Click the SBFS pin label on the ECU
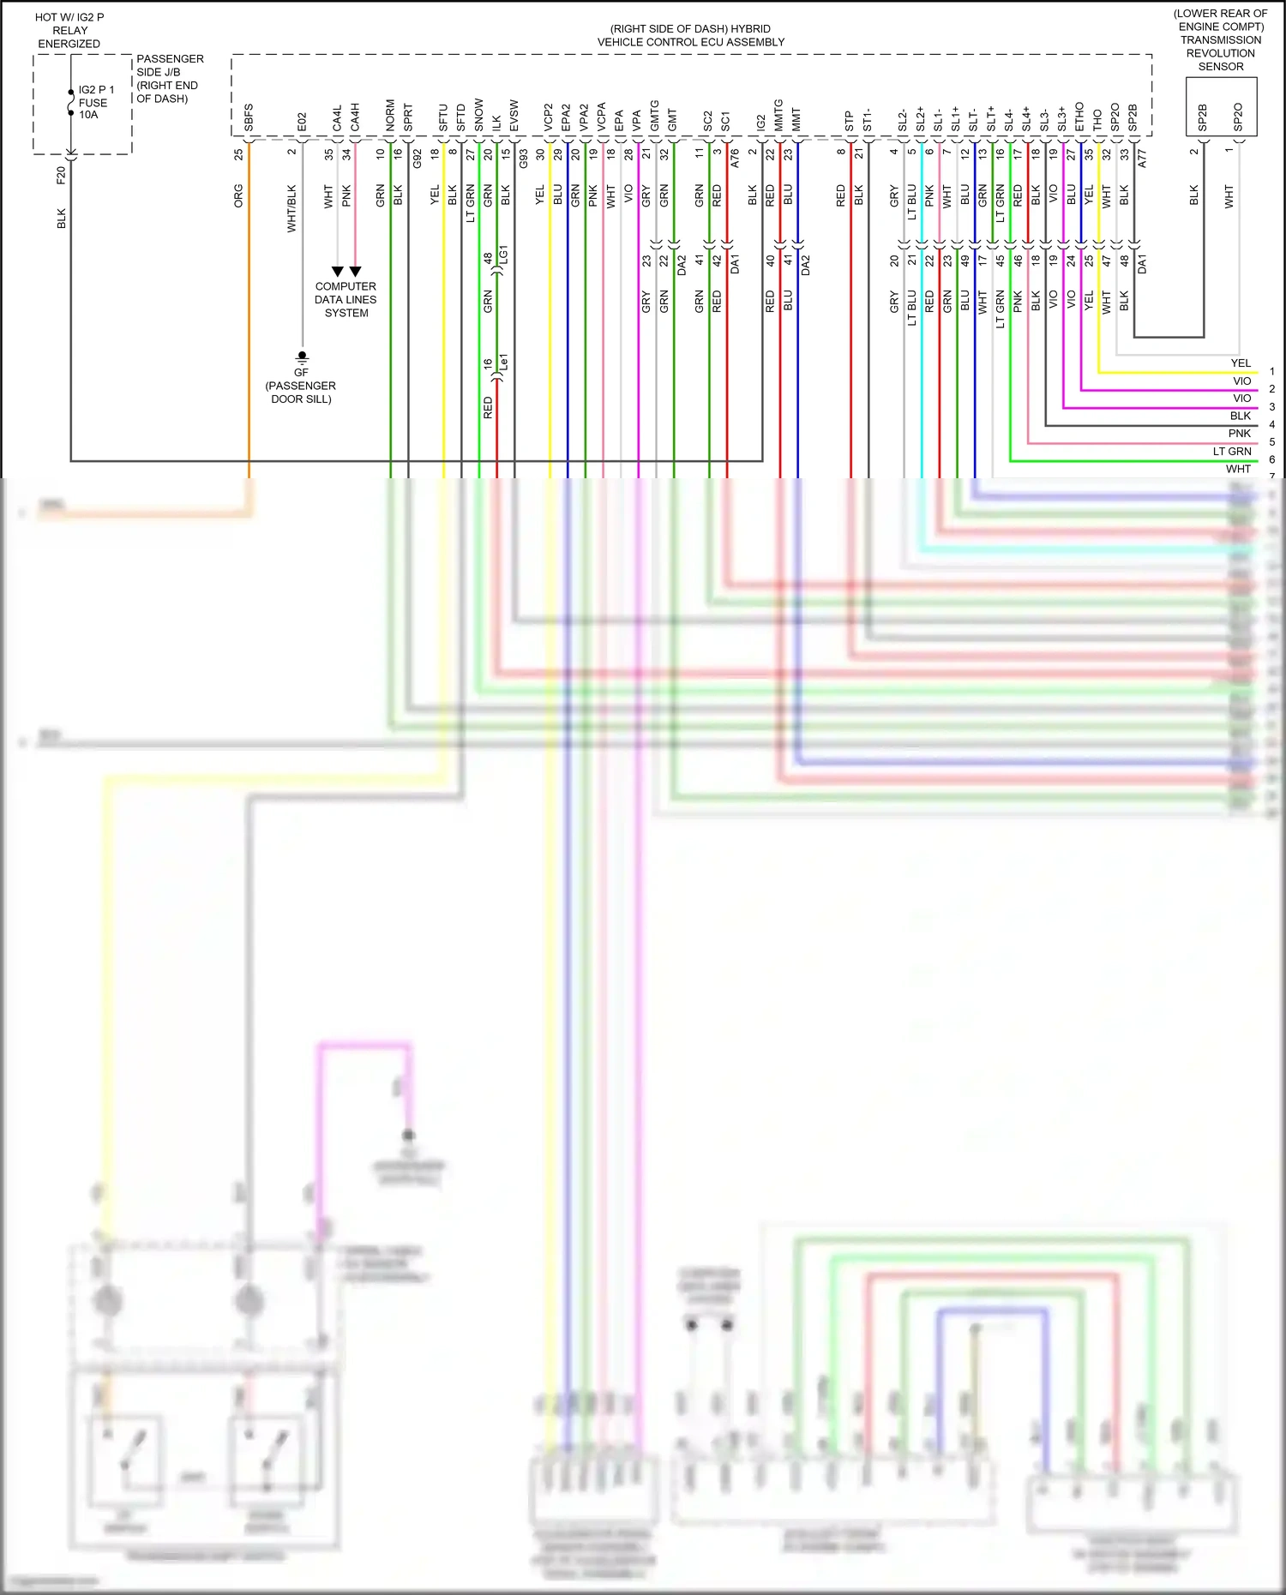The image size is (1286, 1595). pyautogui.click(x=249, y=117)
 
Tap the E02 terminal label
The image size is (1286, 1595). pyautogui.click(x=302, y=121)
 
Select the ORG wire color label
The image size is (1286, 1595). pyautogui.click(x=239, y=195)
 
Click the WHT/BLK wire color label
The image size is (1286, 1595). pyautogui.click(x=291, y=208)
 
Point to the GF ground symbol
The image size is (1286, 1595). pyautogui.click(x=302, y=357)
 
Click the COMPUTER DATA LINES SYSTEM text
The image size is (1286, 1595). pyautogui.click(x=346, y=300)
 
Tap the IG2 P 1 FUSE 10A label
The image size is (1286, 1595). pyautogui.click(x=95, y=102)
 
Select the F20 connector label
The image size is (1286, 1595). pyautogui.click(x=61, y=175)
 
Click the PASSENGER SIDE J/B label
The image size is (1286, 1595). pyautogui.click(x=169, y=78)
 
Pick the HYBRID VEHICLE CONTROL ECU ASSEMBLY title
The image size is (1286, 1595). pyautogui.click(x=690, y=35)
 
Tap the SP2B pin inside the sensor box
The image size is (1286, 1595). pyautogui.click(x=1202, y=117)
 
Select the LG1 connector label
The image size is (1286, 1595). pyautogui.click(x=505, y=254)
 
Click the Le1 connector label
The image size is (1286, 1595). pyautogui.click(x=504, y=362)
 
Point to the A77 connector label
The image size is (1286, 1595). pyautogui.click(x=1142, y=158)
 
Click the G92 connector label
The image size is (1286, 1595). pyautogui.click(x=418, y=158)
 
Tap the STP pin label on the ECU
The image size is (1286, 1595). pyautogui.click(x=850, y=121)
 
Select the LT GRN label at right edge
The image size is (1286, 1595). pyautogui.click(x=1232, y=452)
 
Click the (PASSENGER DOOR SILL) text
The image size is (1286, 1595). pyautogui.click(x=301, y=393)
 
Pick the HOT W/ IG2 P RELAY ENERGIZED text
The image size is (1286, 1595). pyautogui.click(x=69, y=30)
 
